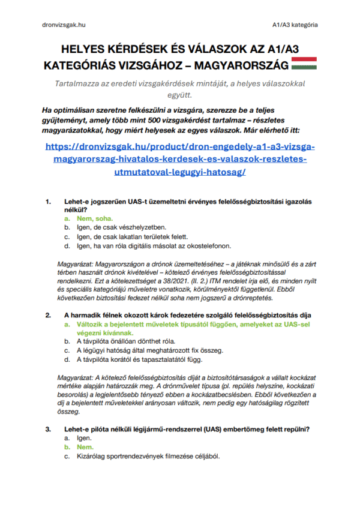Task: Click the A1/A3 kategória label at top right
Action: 294,25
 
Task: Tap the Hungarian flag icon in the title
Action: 307,64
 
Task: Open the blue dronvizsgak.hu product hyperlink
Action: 180,160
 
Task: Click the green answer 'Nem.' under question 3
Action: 85,447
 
